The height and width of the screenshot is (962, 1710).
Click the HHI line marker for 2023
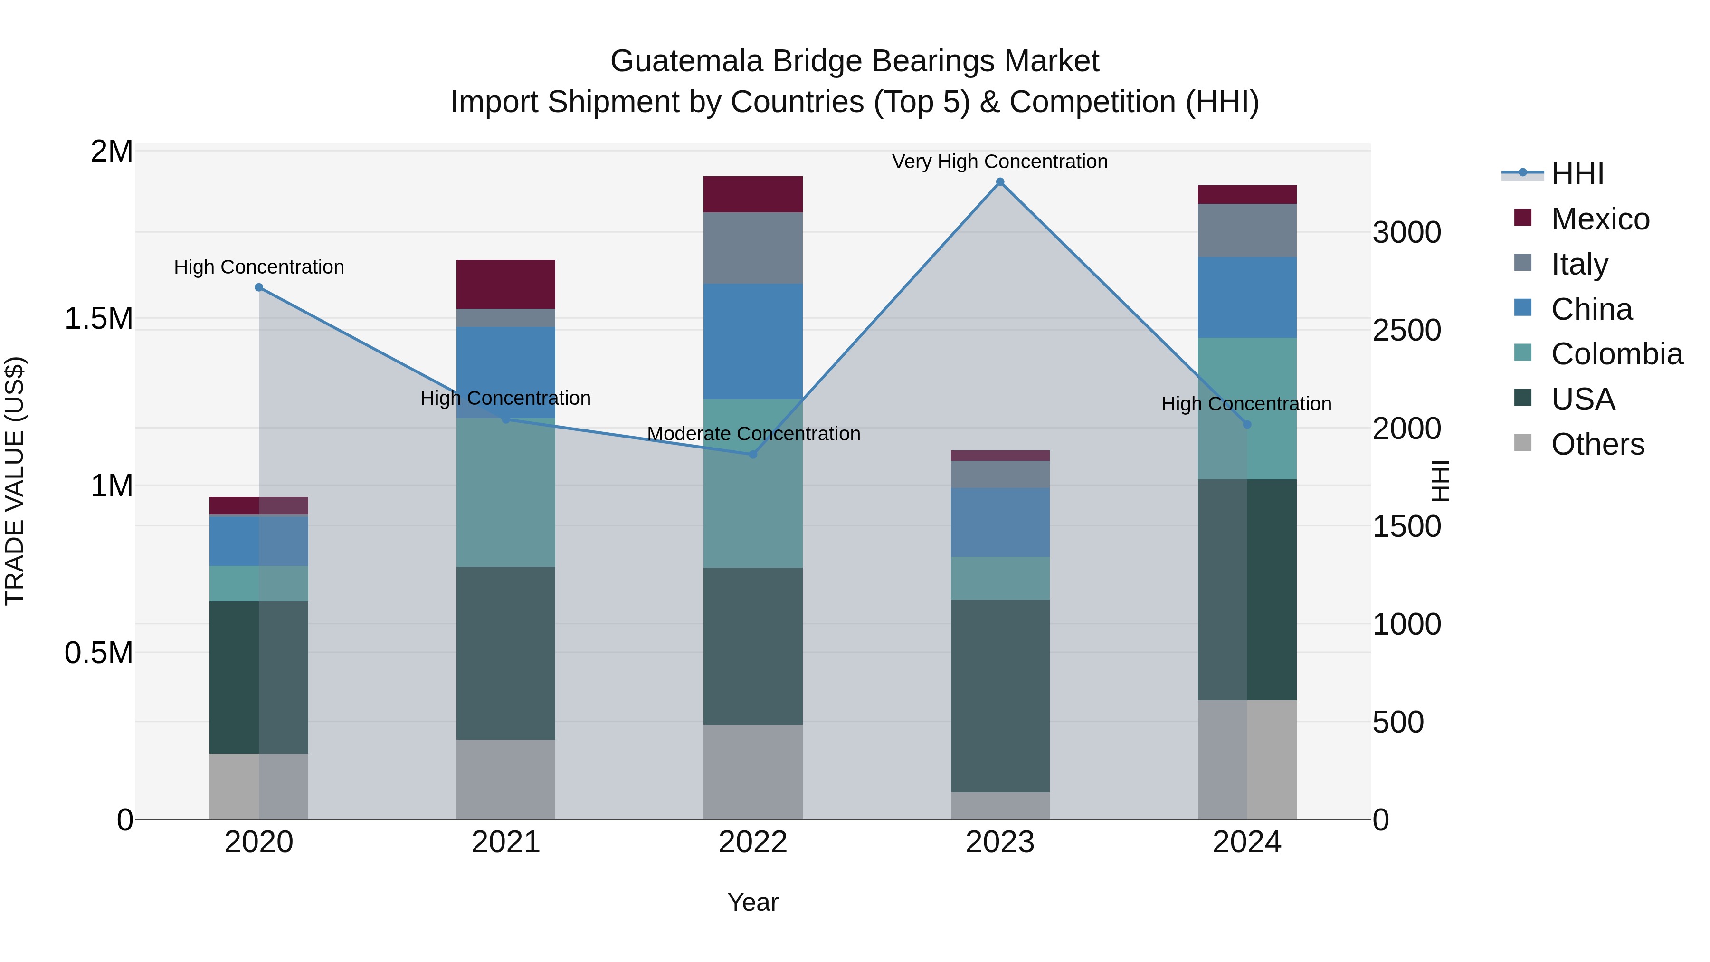[x=1000, y=182]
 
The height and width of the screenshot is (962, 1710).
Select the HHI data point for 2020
[x=259, y=287]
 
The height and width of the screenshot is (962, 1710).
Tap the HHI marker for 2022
[x=753, y=455]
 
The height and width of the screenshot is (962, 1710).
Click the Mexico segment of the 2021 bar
[x=506, y=284]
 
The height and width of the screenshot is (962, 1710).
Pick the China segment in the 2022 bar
[x=753, y=341]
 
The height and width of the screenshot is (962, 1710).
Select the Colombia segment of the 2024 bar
[x=1247, y=372]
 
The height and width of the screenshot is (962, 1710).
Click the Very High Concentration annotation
[x=1000, y=162]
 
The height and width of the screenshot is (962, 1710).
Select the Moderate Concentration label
[x=753, y=434]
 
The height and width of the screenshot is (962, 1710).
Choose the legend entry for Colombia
[x=1616, y=354]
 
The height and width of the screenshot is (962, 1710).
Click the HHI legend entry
[x=1577, y=174]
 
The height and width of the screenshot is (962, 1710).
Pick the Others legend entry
[x=1597, y=444]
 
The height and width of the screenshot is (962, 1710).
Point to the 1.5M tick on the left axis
[x=99, y=319]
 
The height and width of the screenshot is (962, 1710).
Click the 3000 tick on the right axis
[x=1406, y=233]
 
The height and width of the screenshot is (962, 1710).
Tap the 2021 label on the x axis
[x=506, y=842]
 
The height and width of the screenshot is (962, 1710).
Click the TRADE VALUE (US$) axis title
[x=15, y=481]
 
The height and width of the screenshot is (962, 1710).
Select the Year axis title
[x=753, y=902]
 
